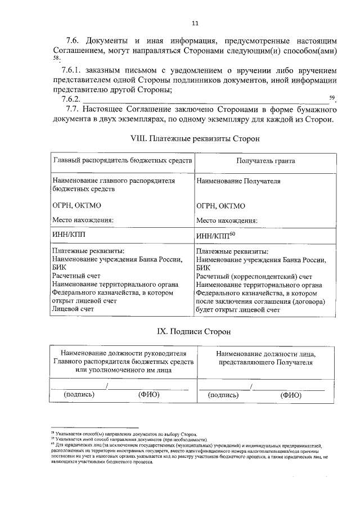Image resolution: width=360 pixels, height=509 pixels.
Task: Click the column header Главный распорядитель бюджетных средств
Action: (x=123, y=160)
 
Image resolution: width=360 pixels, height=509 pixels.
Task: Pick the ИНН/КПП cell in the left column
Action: (x=70, y=233)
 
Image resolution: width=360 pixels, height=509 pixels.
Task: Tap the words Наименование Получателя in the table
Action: (x=238, y=181)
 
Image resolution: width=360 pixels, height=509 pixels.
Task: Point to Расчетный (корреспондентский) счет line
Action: (x=254, y=277)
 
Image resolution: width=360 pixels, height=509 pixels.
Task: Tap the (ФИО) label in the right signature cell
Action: (x=291, y=395)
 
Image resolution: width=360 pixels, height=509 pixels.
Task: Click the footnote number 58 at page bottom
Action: (x=52, y=434)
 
